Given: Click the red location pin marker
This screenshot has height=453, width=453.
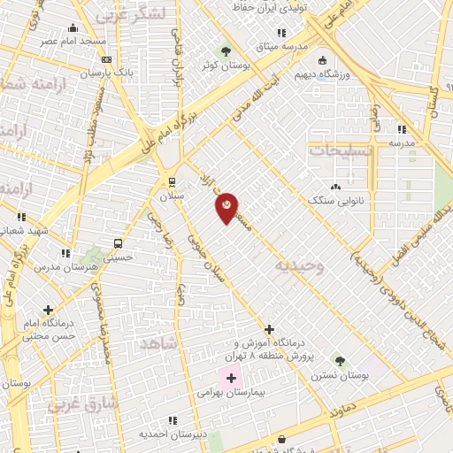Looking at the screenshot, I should click(227, 208).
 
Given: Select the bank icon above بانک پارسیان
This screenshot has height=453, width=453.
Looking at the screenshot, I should click(107, 59).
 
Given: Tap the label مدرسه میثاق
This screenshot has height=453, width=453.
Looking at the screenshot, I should click(282, 45).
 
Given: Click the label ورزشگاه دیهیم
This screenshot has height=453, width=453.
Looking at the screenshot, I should click(323, 74).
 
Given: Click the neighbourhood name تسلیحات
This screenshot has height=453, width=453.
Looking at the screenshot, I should click(342, 150).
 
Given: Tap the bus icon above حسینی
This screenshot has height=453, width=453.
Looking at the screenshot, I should click(117, 243).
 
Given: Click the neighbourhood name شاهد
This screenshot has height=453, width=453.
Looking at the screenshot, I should click(159, 342).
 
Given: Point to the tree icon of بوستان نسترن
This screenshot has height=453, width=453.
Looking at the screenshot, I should click(340, 361).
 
